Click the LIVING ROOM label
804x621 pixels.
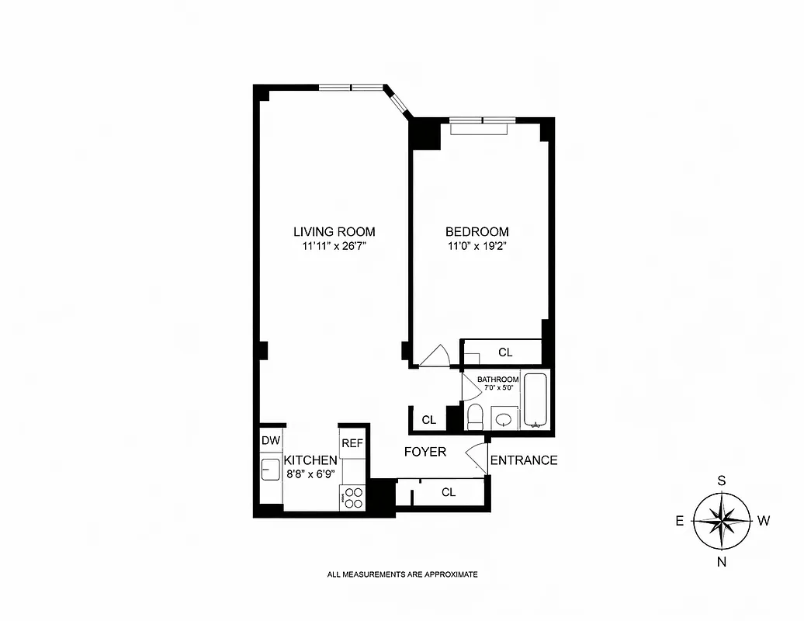tap(334, 231)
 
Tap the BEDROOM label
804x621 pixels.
tap(477, 231)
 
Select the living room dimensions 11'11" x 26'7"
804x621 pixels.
tap(334, 247)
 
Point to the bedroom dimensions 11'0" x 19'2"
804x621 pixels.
tap(477, 247)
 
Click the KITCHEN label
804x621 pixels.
tap(310, 460)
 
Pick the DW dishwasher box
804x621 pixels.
tap(270, 441)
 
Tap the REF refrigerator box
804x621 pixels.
tap(352, 443)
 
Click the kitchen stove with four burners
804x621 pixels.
tap(352, 497)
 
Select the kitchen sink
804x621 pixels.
tap(271, 469)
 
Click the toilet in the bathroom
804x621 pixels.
tap(476, 417)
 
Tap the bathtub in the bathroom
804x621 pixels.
tap(535, 401)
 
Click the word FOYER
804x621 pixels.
tap(425, 452)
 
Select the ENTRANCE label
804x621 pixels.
tap(524, 460)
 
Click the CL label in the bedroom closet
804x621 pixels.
tap(505, 352)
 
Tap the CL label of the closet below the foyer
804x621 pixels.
tap(448, 492)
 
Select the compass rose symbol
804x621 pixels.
tap(721, 521)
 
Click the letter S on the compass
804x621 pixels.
tap(721, 480)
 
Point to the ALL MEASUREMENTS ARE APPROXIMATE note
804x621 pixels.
tap(402, 575)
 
